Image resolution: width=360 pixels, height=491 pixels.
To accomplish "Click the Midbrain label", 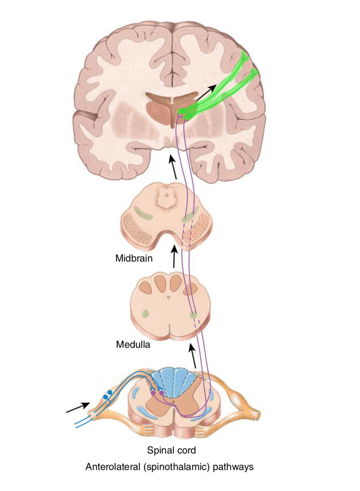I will click(134, 258).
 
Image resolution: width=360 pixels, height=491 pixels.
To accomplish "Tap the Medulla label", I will click(133, 345).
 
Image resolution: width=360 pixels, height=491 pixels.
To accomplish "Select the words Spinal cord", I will click(171, 450).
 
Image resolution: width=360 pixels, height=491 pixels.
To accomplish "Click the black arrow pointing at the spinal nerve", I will click(78, 407).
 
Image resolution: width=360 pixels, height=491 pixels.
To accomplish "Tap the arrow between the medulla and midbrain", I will click(174, 257).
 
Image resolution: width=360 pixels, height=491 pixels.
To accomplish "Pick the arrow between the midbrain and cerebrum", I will click(173, 167).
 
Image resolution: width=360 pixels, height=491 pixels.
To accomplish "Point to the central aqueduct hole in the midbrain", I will click(166, 195).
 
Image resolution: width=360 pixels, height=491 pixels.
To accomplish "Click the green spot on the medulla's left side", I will click(145, 314).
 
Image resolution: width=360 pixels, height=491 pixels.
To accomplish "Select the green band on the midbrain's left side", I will click(143, 214).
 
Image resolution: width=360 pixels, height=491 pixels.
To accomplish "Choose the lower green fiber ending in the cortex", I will click(254, 73).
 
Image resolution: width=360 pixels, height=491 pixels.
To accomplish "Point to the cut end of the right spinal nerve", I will click(258, 415).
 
